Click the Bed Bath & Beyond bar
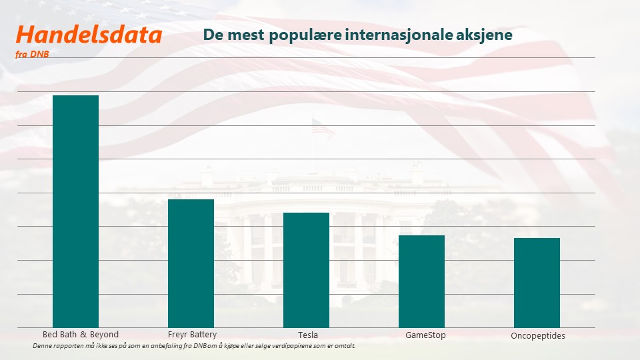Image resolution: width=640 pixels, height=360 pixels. click(75, 211)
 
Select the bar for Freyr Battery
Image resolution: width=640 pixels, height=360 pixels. click(191, 263)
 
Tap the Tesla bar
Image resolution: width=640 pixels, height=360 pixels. click(306, 270)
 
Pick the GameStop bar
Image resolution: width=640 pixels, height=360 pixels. click(421, 281)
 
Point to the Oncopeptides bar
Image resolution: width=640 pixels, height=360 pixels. click(537, 283)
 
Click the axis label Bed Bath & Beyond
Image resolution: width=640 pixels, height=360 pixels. click(81, 335)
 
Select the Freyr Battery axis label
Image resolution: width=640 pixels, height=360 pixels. click(192, 335)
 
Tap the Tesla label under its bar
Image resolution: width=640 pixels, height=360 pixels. click(308, 335)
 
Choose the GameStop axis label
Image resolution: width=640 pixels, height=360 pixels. click(425, 335)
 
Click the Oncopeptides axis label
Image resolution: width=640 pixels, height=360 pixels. click(538, 336)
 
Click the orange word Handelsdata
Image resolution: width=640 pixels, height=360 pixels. click(89, 35)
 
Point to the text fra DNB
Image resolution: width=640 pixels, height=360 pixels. click(32, 54)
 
